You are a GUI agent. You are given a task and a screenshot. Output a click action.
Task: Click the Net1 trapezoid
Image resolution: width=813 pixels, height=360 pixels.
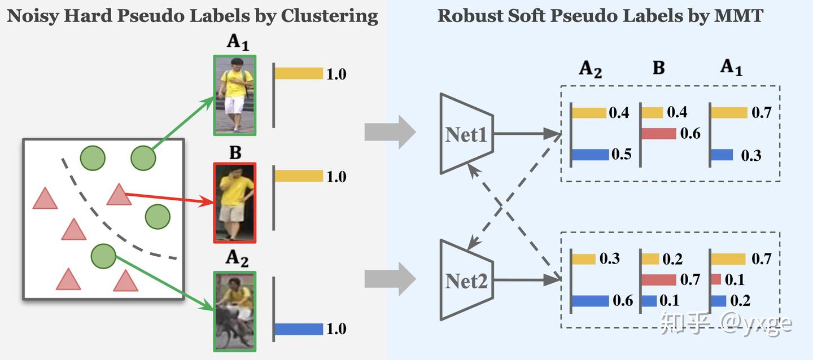click(x=467, y=134)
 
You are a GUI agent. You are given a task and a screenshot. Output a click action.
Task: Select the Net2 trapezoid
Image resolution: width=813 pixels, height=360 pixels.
click(x=467, y=280)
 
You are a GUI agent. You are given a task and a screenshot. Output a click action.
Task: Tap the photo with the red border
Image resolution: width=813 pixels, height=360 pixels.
click(x=235, y=203)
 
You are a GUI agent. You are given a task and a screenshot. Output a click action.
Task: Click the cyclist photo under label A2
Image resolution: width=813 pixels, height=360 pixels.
click(x=235, y=311)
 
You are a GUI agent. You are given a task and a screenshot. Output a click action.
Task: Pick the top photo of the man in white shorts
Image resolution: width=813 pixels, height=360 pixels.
click(x=235, y=95)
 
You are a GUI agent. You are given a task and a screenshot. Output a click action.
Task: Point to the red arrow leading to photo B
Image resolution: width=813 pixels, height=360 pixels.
click(x=169, y=199)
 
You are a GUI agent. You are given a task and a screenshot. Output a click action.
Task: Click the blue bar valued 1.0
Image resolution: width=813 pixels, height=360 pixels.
click(x=299, y=329)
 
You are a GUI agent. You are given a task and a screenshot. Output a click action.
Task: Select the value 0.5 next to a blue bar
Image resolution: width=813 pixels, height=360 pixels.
click(x=622, y=154)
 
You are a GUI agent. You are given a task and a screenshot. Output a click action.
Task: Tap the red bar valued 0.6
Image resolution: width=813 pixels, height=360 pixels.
click(x=659, y=134)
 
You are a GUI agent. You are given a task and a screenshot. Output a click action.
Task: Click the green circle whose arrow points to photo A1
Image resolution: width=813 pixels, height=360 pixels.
click(x=143, y=158)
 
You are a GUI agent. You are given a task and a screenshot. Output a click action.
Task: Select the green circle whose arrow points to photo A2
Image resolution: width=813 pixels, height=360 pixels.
click(x=103, y=256)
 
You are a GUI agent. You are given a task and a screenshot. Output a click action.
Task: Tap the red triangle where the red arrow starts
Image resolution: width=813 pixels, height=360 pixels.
click(x=119, y=195)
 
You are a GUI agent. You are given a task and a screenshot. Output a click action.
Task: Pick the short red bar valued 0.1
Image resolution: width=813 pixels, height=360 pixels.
click(x=716, y=279)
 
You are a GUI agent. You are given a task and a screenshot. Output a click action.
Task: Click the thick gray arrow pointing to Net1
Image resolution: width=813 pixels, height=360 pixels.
click(x=390, y=131)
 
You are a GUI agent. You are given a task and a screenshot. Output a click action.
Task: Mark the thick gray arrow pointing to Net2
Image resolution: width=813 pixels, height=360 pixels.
click(x=390, y=279)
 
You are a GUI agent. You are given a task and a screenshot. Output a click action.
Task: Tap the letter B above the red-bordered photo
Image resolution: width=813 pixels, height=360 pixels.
click(x=235, y=153)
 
